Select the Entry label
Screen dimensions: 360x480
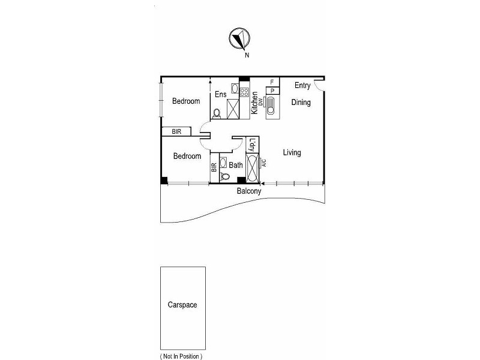[302, 86]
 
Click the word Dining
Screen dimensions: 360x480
[301, 103]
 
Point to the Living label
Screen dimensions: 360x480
[292, 153]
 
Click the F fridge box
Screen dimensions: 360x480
[272, 82]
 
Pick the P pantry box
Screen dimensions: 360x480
[272, 91]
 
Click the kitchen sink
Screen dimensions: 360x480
[271, 106]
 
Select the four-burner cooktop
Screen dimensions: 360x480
[244, 92]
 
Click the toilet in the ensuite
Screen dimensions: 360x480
[217, 112]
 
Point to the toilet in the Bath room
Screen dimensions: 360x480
[224, 176]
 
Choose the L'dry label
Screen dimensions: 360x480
[252, 145]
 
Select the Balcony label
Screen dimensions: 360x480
[249, 191]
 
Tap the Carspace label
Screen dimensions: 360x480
[182, 305]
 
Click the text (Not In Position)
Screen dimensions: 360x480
[181, 356]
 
